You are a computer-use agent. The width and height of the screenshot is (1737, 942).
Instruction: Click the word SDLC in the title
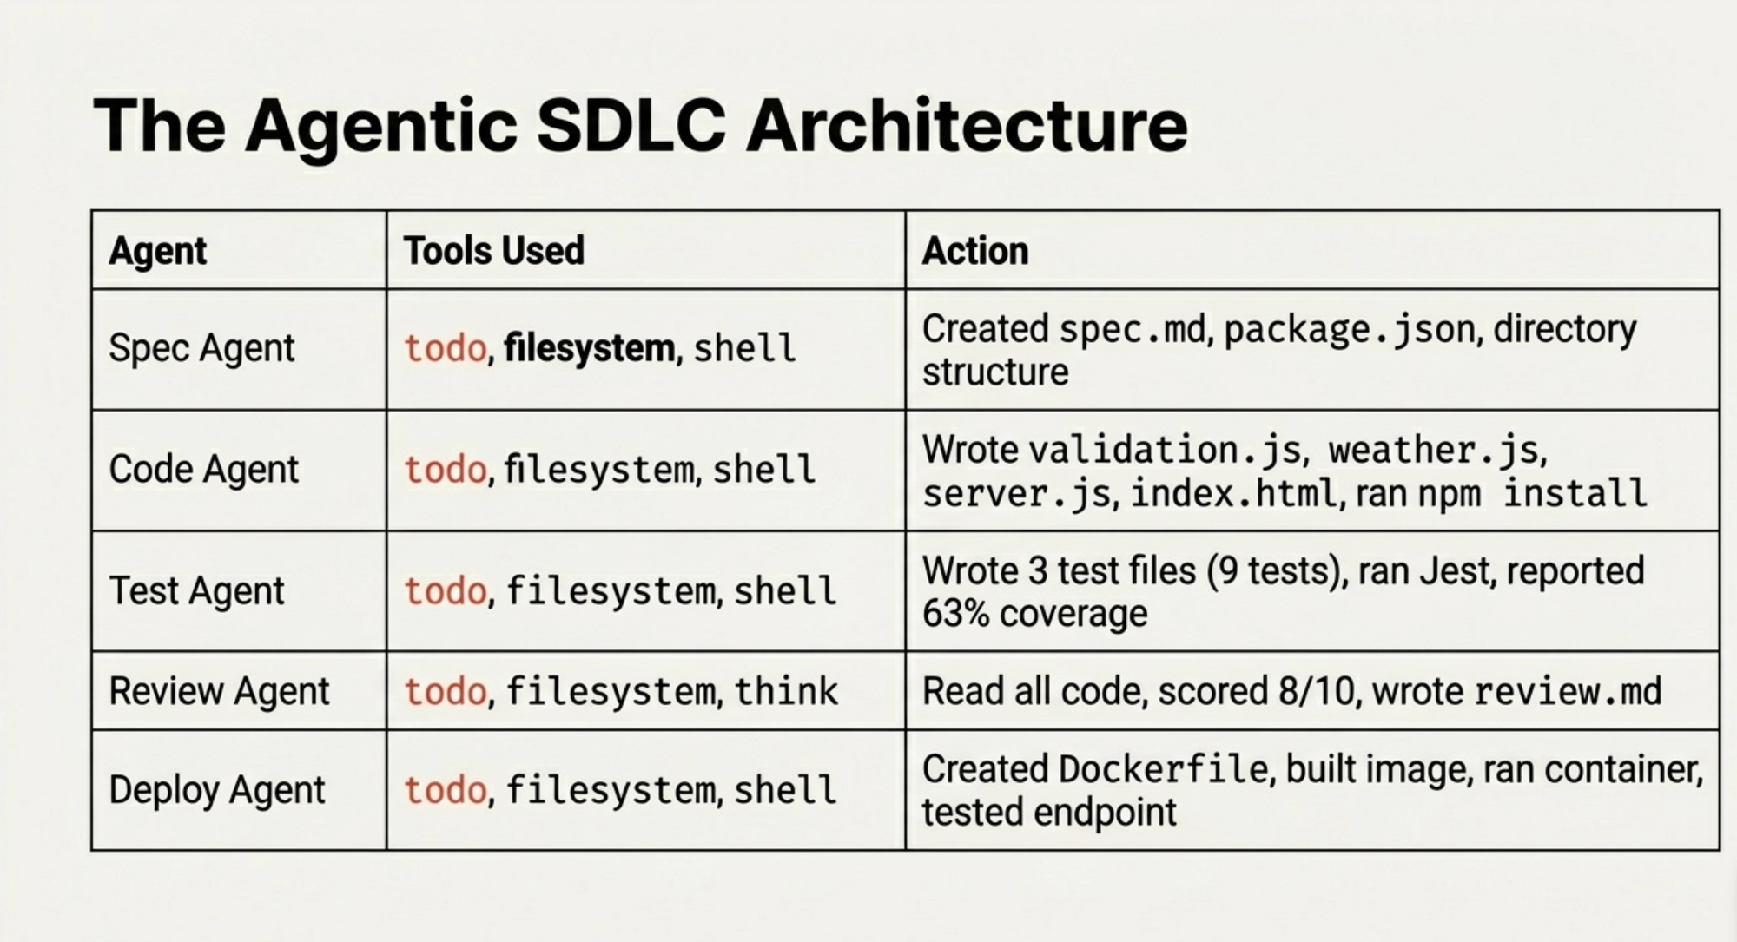(631, 126)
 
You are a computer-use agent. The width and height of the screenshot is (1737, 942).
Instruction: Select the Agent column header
(158, 252)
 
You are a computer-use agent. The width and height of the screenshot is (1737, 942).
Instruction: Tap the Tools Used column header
(493, 251)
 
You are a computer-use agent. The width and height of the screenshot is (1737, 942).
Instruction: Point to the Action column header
(975, 251)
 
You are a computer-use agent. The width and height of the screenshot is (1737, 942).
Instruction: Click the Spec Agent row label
(201, 348)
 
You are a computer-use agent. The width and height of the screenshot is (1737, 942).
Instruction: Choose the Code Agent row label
(203, 469)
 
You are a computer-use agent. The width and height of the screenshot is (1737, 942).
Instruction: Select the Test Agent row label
(196, 590)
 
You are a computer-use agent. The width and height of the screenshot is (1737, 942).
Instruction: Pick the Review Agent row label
(219, 691)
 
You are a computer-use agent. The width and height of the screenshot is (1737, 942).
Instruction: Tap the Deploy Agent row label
(217, 790)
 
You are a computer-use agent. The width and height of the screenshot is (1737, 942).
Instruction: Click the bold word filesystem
(589, 348)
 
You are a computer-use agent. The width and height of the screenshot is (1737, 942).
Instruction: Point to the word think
(786, 691)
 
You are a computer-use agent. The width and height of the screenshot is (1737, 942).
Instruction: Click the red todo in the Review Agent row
(446, 692)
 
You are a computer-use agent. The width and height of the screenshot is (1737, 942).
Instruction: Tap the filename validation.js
(1165, 451)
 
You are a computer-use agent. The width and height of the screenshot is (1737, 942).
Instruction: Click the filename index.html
(1233, 494)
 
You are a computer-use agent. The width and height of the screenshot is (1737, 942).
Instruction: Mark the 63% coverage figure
(1034, 614)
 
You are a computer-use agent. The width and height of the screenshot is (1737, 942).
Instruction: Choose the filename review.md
(1568, 691)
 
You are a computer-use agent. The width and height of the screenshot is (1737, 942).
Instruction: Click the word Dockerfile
(1164, 769)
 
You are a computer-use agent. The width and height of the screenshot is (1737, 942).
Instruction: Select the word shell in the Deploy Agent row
(785, 790)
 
